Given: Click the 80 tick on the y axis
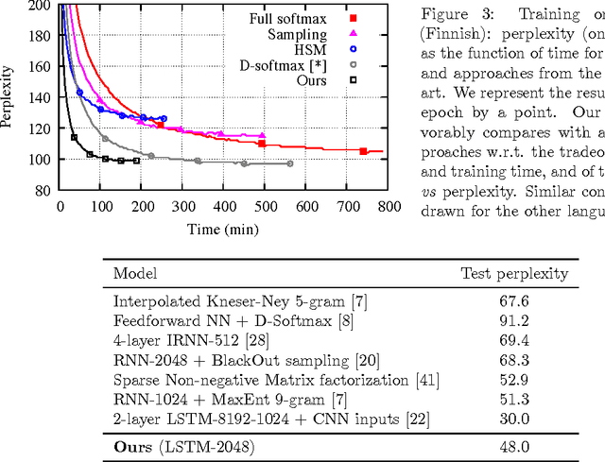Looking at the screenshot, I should [x=43, y=190].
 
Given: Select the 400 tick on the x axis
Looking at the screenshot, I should [x=223, y=205].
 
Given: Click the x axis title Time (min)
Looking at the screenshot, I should [x=222, y=229].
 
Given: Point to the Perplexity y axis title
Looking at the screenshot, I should [x=9, y=97].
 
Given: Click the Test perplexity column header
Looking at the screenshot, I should [x=514, y=275].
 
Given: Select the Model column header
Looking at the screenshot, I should [x=136, y=275].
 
